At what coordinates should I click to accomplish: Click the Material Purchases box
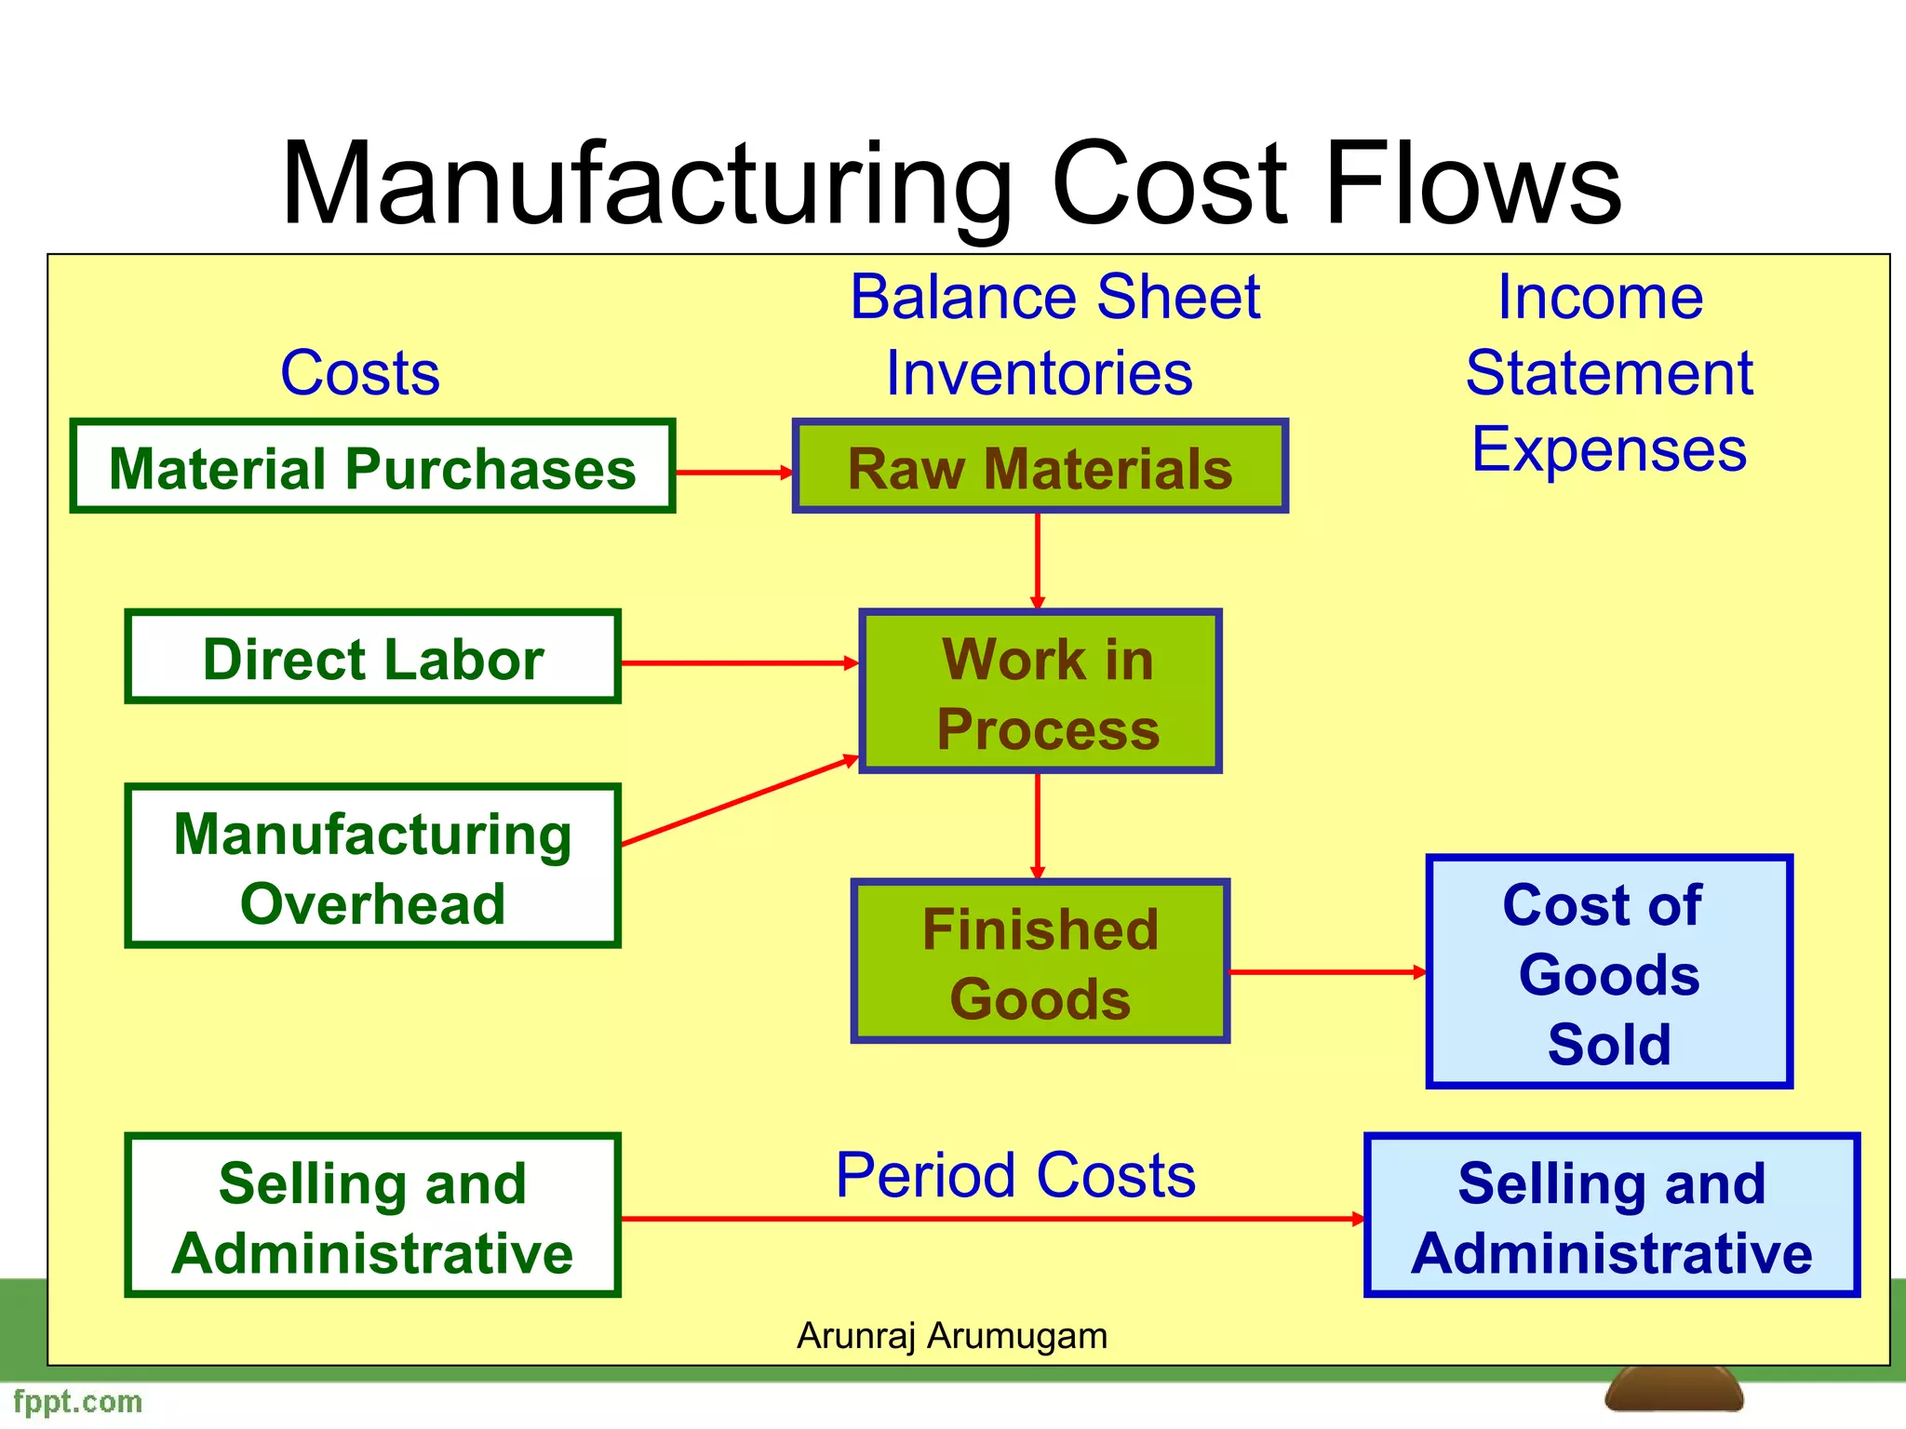pyautogui.click(x=372, y=466)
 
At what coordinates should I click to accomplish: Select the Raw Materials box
pyautogui.click(x=1040, y=466)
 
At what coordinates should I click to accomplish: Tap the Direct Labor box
pyautogui.click(x=372, y=657)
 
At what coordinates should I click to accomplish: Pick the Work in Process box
pyautogui.click(x=1040, y=691)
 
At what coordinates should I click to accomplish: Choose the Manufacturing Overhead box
pyautogui.click(x=372, y=866)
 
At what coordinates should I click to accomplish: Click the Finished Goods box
pyautogui.click(x=1040, y=961)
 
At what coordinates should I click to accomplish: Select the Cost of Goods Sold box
pyautogui.click(x=1608, y=971)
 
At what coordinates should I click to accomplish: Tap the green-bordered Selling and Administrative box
pyautogui.click(x=372, y=1215)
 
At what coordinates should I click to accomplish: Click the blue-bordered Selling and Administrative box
pyautogui.click(x=1611, y=1215)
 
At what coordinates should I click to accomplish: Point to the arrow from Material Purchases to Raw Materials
pyautogui.click(x=733, y=473)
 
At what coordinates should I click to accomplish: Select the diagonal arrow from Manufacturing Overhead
pyautogui.click(x=739, y=801)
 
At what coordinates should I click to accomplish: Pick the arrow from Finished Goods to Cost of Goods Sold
pyautogui.click(x=1327, y=972)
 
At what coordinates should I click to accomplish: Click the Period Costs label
pyautogui.click(x=1015, y=1175)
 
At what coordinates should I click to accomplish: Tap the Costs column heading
pyautogui.click(x=360, y=373)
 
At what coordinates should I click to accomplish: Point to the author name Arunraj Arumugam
pyautogui.click(x=952, y=1336)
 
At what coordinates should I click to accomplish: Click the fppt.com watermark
pyautogui.click(x=78, y=1401)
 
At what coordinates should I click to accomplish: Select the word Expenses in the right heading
pyautogui.click(x=1608, y=449)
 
